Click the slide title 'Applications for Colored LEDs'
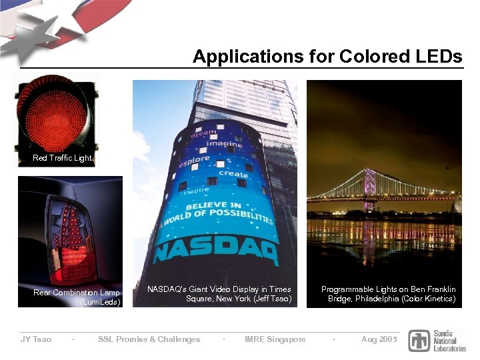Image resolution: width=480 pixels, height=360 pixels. click(x=327, y=57)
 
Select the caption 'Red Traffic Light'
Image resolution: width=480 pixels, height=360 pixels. click(x=62, y=158)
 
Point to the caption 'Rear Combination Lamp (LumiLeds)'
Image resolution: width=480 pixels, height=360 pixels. click(x=77, y=297)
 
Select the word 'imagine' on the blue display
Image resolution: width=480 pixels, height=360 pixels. click(x=224, y=144)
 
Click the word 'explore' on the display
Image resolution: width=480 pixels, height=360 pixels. click(x=194, y=162)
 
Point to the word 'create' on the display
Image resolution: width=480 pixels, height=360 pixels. click(x=233, y=173)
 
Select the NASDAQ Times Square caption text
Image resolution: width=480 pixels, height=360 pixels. click(x=219, y=294)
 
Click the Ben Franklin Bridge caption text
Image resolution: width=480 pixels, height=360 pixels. click(x=389, y=294)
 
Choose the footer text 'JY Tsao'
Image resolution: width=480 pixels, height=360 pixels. click(x=36, y=339)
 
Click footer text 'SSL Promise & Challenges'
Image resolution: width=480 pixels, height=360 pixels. click(x=149, y=339)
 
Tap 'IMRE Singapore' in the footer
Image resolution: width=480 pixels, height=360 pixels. click(x=275, y=339)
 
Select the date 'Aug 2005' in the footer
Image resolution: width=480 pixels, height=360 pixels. click(x=379, y=339)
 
